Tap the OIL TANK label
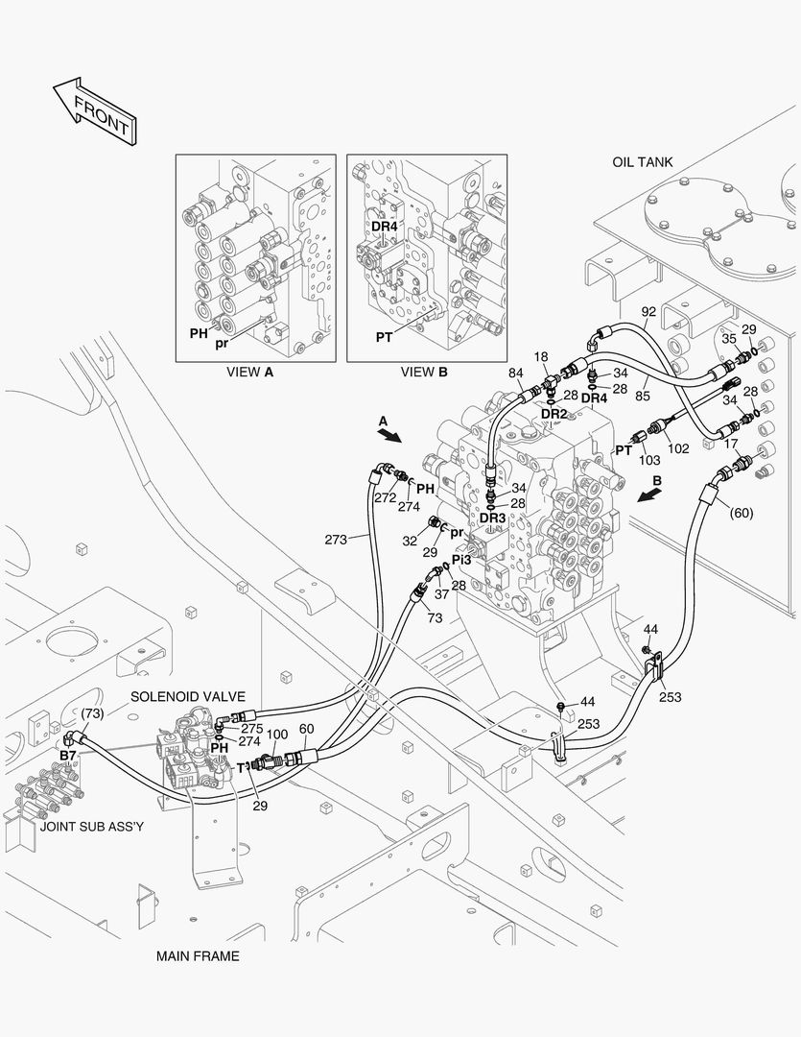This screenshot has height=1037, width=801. pos(642,162)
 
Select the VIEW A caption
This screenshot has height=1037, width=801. pos(249,372)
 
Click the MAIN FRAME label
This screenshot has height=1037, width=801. pos(198,955)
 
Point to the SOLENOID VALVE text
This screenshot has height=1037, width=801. pos(188,696)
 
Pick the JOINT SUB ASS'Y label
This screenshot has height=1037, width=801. pos(92,825)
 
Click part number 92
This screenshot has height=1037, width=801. pos(648,312)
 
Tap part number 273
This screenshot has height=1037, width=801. pos(335,540)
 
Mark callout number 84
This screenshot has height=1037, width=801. pos(516,373)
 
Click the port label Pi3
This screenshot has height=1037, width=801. pos(461,560)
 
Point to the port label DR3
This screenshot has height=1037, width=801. pos(492,518)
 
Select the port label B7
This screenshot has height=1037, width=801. pos(68,756)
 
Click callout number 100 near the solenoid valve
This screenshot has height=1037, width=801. pos(276,735)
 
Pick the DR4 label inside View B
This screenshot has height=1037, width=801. pos(385,227)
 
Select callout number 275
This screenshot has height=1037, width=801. pos(251,729)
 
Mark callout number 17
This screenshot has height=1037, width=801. pos(731,444)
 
